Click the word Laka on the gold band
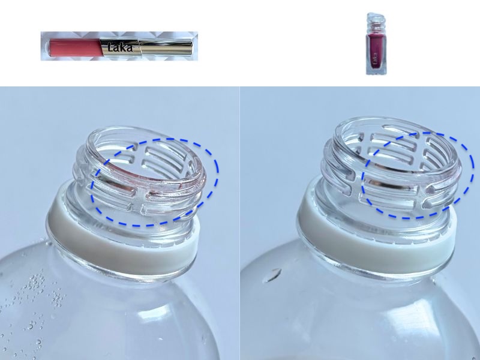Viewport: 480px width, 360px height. coord(121,47)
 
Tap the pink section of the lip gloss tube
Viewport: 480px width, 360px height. coord(75,47)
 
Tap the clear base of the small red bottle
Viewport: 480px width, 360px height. coord(376,71)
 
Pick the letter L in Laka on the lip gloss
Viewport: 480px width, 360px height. coord(111,47)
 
